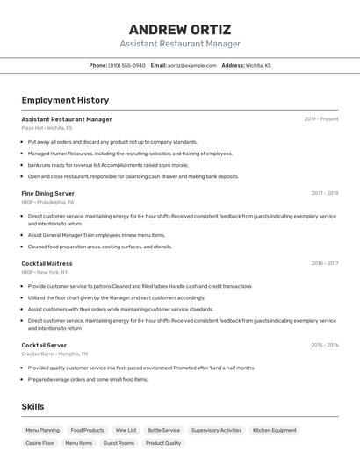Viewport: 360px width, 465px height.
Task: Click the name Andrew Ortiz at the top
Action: click(180, 29)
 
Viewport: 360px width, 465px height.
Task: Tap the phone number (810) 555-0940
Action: click(126, 66)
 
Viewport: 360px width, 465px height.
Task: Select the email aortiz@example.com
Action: click(191, 66)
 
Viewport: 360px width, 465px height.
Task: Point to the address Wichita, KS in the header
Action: click(258, 66)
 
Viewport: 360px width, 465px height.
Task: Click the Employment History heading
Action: click(65, 101)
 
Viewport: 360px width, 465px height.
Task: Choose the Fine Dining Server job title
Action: click(47, 193)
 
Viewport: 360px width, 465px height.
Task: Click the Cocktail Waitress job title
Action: click(47, 263)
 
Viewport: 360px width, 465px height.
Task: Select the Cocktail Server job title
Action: click(44, 346)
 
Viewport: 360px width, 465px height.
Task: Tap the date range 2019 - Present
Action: click(320, 119)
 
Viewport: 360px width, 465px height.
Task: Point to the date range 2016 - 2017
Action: click(324, 263)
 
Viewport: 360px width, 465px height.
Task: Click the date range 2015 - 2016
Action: click(324, 346)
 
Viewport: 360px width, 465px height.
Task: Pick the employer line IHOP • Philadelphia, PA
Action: click(47, 202)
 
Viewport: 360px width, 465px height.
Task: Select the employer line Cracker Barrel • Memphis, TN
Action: click(54, 354)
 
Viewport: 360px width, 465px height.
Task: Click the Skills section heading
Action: click(32, 407)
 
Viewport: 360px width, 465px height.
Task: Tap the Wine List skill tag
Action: click(126, 431)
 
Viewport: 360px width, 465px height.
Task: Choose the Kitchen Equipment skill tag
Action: click(275, 431)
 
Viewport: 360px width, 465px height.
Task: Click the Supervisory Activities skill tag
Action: click(216, 431)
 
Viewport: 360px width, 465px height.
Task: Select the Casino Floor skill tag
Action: click(40, 444)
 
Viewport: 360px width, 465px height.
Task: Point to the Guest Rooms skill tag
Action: click(119, 444)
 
